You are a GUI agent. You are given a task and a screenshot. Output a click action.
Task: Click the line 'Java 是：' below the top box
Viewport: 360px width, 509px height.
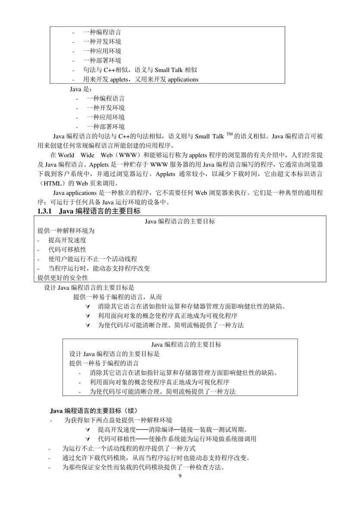click(x=78, y=89)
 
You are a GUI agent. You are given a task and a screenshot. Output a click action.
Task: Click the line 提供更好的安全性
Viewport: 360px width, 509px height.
click(x=63, y=278)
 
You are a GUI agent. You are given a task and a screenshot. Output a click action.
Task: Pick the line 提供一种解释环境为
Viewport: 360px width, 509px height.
click(x=66, y=231)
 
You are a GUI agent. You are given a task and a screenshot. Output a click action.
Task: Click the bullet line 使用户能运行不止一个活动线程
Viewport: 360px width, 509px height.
click(x=92, y=259)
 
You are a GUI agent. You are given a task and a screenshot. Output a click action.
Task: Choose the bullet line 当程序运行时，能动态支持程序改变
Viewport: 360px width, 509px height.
click(x=99, y=268)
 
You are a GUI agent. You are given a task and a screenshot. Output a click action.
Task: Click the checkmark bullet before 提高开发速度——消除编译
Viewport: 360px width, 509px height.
click(x=88, y=430)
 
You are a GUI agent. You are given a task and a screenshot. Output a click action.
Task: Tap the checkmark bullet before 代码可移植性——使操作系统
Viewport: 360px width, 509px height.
click(x=88, y=439)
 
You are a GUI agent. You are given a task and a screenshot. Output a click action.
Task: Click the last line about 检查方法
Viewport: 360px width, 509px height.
click(x=143, y=468)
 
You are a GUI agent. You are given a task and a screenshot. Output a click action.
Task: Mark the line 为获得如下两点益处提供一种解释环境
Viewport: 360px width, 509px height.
click(x=118, y=420)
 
